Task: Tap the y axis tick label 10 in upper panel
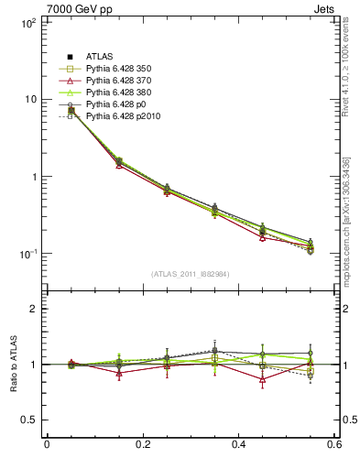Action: [x=29, y=99]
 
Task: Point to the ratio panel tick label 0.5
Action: [x=28, y=420]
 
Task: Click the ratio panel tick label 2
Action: [x=33, y=309]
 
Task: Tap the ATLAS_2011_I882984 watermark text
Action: [x=191, y=274]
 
